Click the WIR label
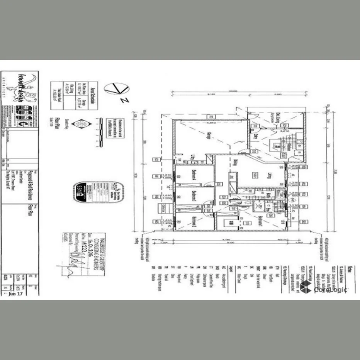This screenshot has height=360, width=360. click(231, 223)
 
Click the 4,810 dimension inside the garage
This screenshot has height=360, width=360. click(211, 123)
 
